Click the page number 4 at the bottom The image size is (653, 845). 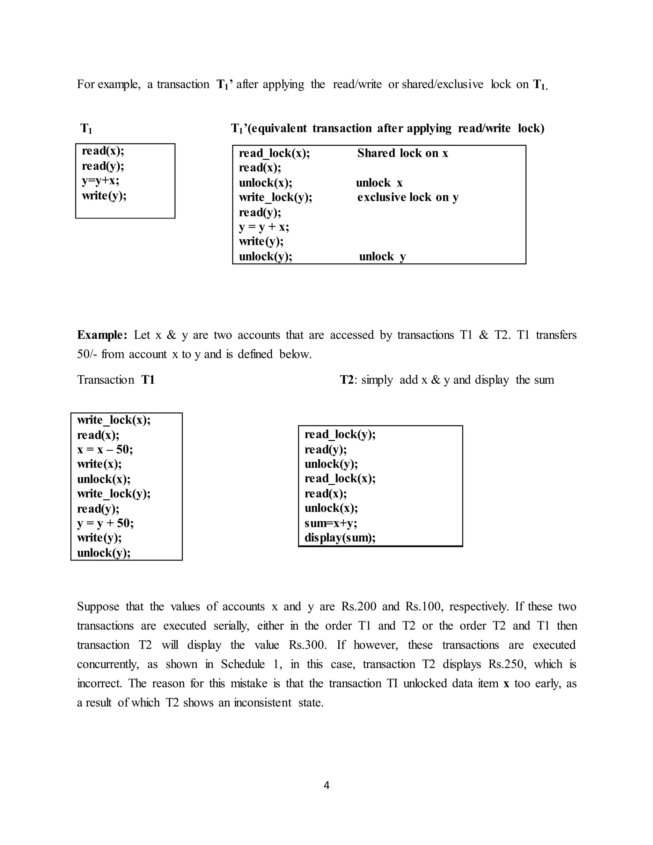pyautogui.click(x=326, y=785)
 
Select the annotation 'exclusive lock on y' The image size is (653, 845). pyautogui.click(x=408, y=197)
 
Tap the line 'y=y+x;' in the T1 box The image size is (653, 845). pyautogui.click(x=100, y=181)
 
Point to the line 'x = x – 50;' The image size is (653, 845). pyautogui.click(x=105, y=450)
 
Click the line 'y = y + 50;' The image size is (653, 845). pyautogui.click(x=105, y=523)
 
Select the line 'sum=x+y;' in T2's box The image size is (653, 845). pyautogui.click(x=331, y=523)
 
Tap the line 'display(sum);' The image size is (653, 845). pyautogui.click(x=340, y=538)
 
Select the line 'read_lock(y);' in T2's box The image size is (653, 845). pyautogui.click(x=340, y=435)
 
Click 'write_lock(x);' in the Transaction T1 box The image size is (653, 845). pyautogui.click(x=114, y=420)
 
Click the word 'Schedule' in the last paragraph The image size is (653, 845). pyautogui.click(x=243, y=664)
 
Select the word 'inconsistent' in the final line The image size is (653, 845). pyautogui.click(x=262, y=702)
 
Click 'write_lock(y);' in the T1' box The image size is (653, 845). pyautogui.click(x=275, y=197)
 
